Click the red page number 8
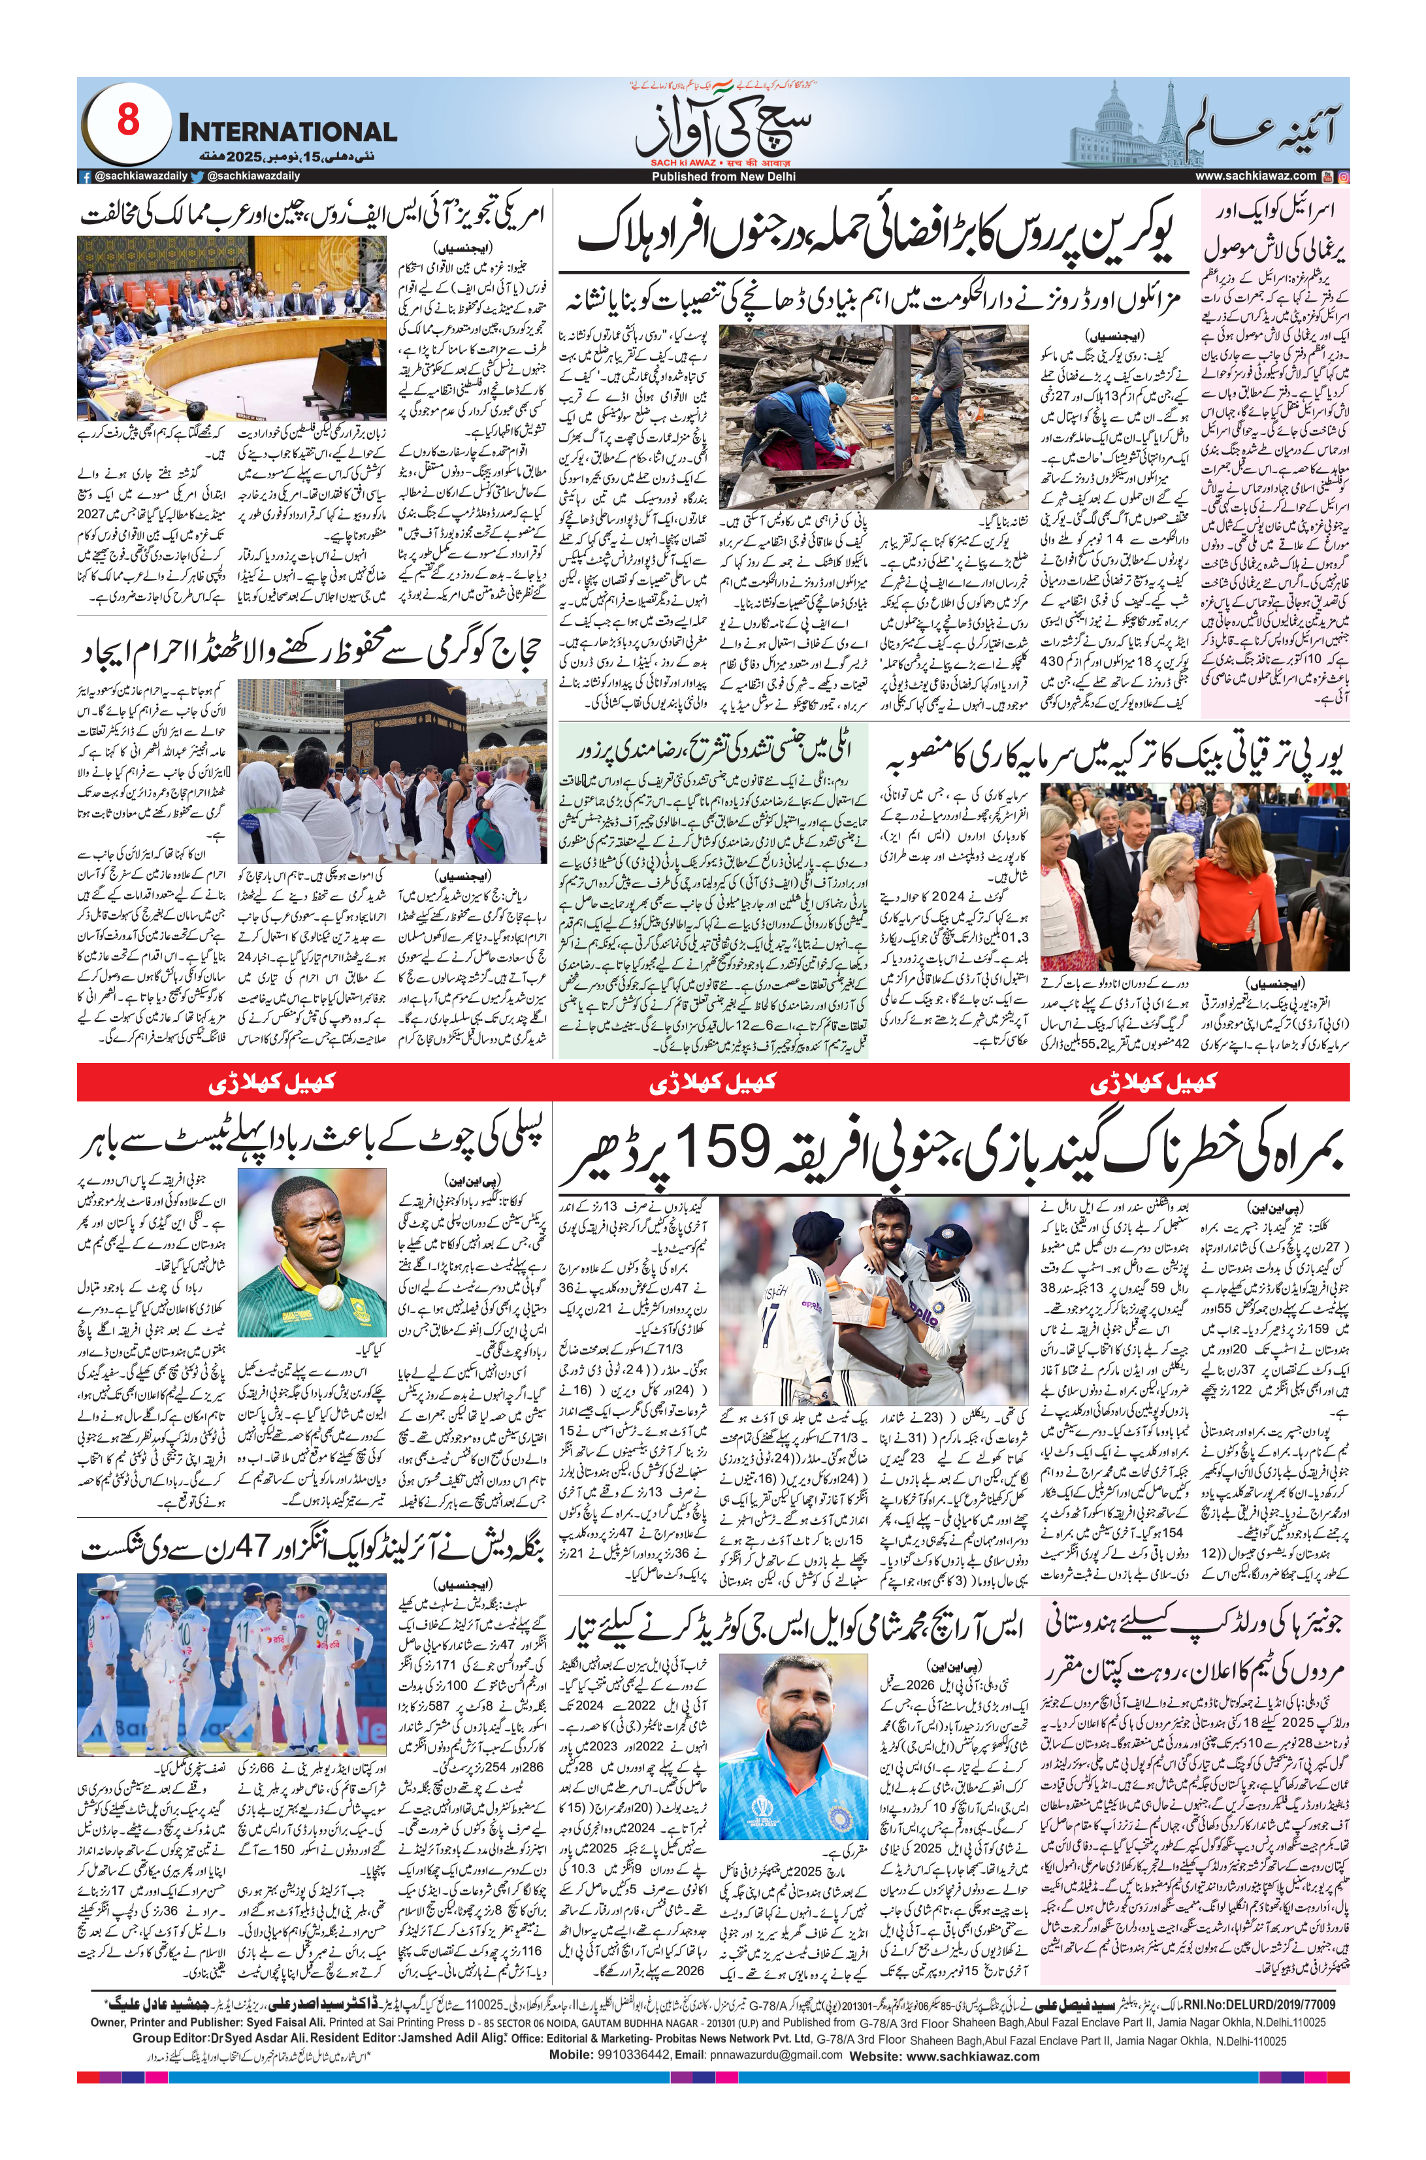click(x=128, y=121)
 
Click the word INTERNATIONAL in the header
click(x=287, y=131)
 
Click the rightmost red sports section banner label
click(x=1153, y=1082)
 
